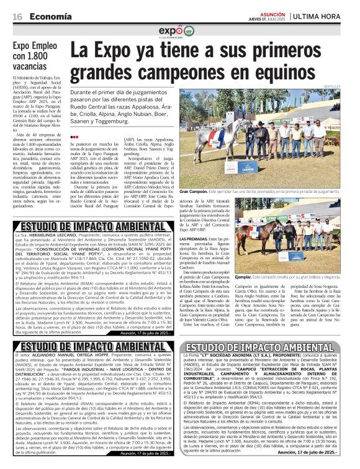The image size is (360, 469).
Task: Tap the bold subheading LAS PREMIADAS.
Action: (x=194, y=239)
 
